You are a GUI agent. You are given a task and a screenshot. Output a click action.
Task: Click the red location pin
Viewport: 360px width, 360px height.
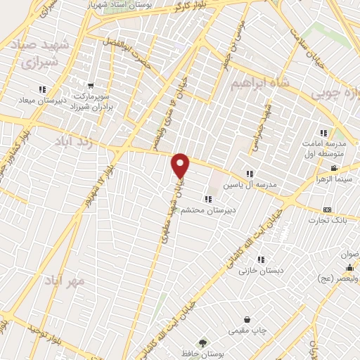pyautogui.click(x=181, y=165)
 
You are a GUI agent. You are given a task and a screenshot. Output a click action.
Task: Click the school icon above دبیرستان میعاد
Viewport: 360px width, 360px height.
pyautogui.click(x=42, y=89)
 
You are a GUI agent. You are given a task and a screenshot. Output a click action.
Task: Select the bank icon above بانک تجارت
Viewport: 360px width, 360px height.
pyautogui.click(x=327, y=210)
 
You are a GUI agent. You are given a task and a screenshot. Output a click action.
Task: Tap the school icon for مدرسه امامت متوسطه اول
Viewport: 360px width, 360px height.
pyautogui.click(x=323, y=132)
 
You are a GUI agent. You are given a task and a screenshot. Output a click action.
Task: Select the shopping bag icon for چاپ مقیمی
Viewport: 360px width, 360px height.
pyautogui.click(x=247, y=319)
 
